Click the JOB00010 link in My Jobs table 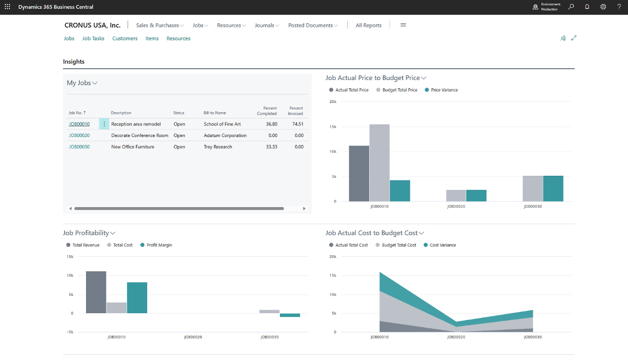[x=79, y=124]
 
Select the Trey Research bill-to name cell [x=218, y=147]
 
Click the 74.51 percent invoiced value [x=297, y=124]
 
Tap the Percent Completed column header [x=267, y=110]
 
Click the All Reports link [x=368, y=25]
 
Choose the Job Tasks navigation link [x=93, y=38]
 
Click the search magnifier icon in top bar [x=571, y=7]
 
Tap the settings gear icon [x=603, y=7]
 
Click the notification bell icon [x=587, y=7]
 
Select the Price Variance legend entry [x=441, y=90]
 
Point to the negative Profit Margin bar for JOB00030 [x=290, y=315]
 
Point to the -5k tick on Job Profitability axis [x=70, y=332]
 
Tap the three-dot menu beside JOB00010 [x=104, y=124]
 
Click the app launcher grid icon [x=8, y=7]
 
